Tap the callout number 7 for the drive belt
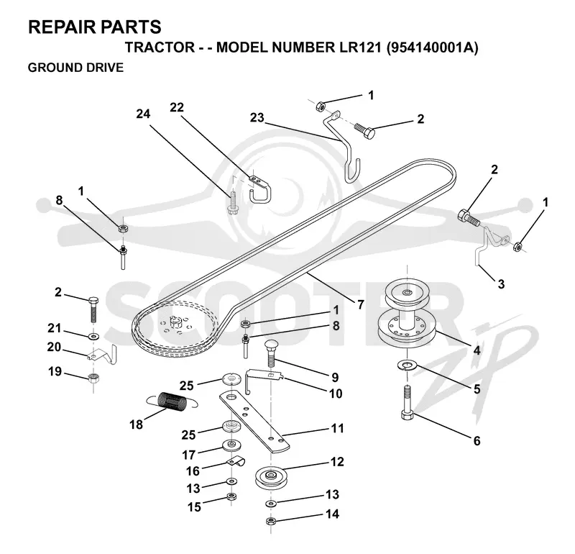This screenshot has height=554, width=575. tap(361, 304)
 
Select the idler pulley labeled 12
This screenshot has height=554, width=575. tap(271, 478)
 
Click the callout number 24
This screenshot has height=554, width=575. tap(143, 114)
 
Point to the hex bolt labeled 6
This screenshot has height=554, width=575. tap(407, 402)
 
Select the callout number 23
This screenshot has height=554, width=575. tap(257, 117)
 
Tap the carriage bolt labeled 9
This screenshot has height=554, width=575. tap(272, 353)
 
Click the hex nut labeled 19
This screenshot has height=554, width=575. tap(95, 378)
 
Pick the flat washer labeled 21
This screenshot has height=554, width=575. tap(95, 336)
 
